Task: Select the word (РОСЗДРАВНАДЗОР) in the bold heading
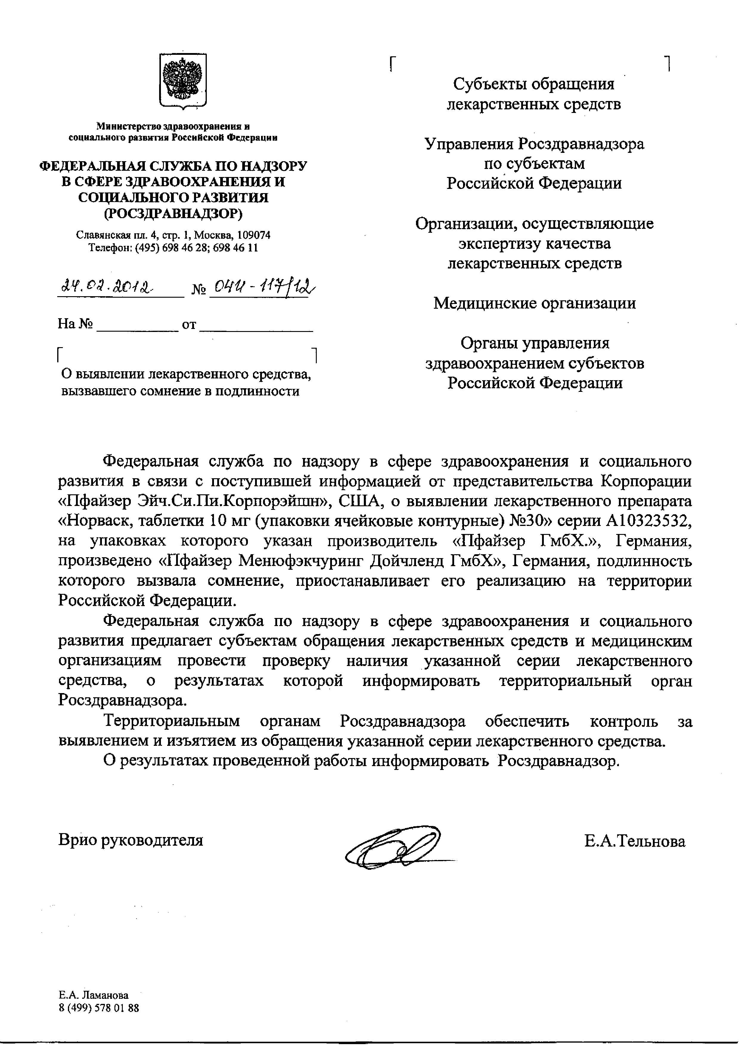(173, 213)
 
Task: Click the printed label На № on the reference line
(75, 324)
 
